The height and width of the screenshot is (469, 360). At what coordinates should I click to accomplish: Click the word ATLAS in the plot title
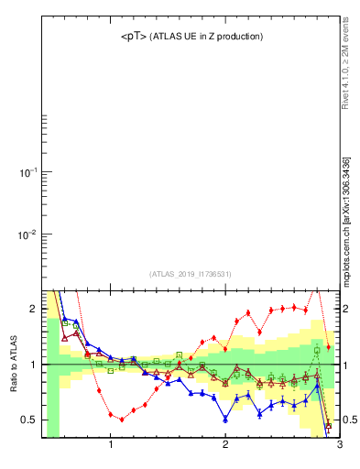[169, 37]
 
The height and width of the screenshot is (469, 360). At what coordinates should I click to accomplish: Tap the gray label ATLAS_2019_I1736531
[191, 273]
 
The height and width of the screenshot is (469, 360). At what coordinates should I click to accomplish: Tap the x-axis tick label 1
[111, 445]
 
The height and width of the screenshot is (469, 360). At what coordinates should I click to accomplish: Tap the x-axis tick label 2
[225, 445]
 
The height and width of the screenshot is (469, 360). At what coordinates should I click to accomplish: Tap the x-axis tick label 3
[339, 445]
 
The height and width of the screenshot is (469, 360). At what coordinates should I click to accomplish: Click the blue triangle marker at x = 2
[225, 419]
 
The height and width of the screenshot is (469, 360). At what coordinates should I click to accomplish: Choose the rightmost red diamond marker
[329, 347]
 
